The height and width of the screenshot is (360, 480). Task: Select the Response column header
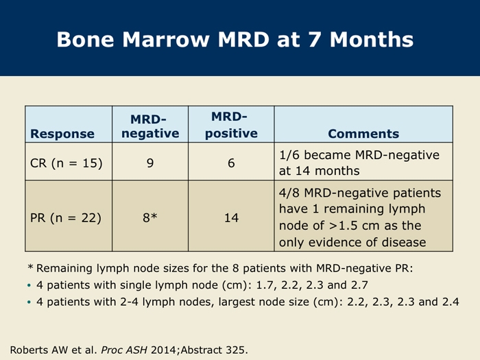(x=62, y=134)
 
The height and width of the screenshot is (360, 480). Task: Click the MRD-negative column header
(x=150, y=126)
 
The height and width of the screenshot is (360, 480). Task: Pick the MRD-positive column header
(x=231, y=125)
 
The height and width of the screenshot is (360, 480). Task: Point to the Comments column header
(x=363, y=134)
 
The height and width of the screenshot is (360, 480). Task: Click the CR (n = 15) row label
(x=66, y=163)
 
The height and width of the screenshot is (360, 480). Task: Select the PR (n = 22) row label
(x=66, y=217)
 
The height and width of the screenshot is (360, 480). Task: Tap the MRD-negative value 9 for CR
(x=150, y=163)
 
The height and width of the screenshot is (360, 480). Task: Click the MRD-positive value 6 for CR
(x=231, y=163)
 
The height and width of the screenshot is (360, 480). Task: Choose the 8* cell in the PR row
(x=150, y=217)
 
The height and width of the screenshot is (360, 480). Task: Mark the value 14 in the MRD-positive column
(x=231, y=217)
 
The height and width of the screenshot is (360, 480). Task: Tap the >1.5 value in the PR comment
(x=343, y=226)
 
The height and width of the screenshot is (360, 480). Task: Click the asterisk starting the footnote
(x=30, y=267)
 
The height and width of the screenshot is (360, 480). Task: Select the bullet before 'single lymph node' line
(x=29, y=285)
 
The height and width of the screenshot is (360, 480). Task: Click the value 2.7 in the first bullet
(x=359, y=285)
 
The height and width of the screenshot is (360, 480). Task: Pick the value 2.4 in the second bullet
(x=451, y=302)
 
